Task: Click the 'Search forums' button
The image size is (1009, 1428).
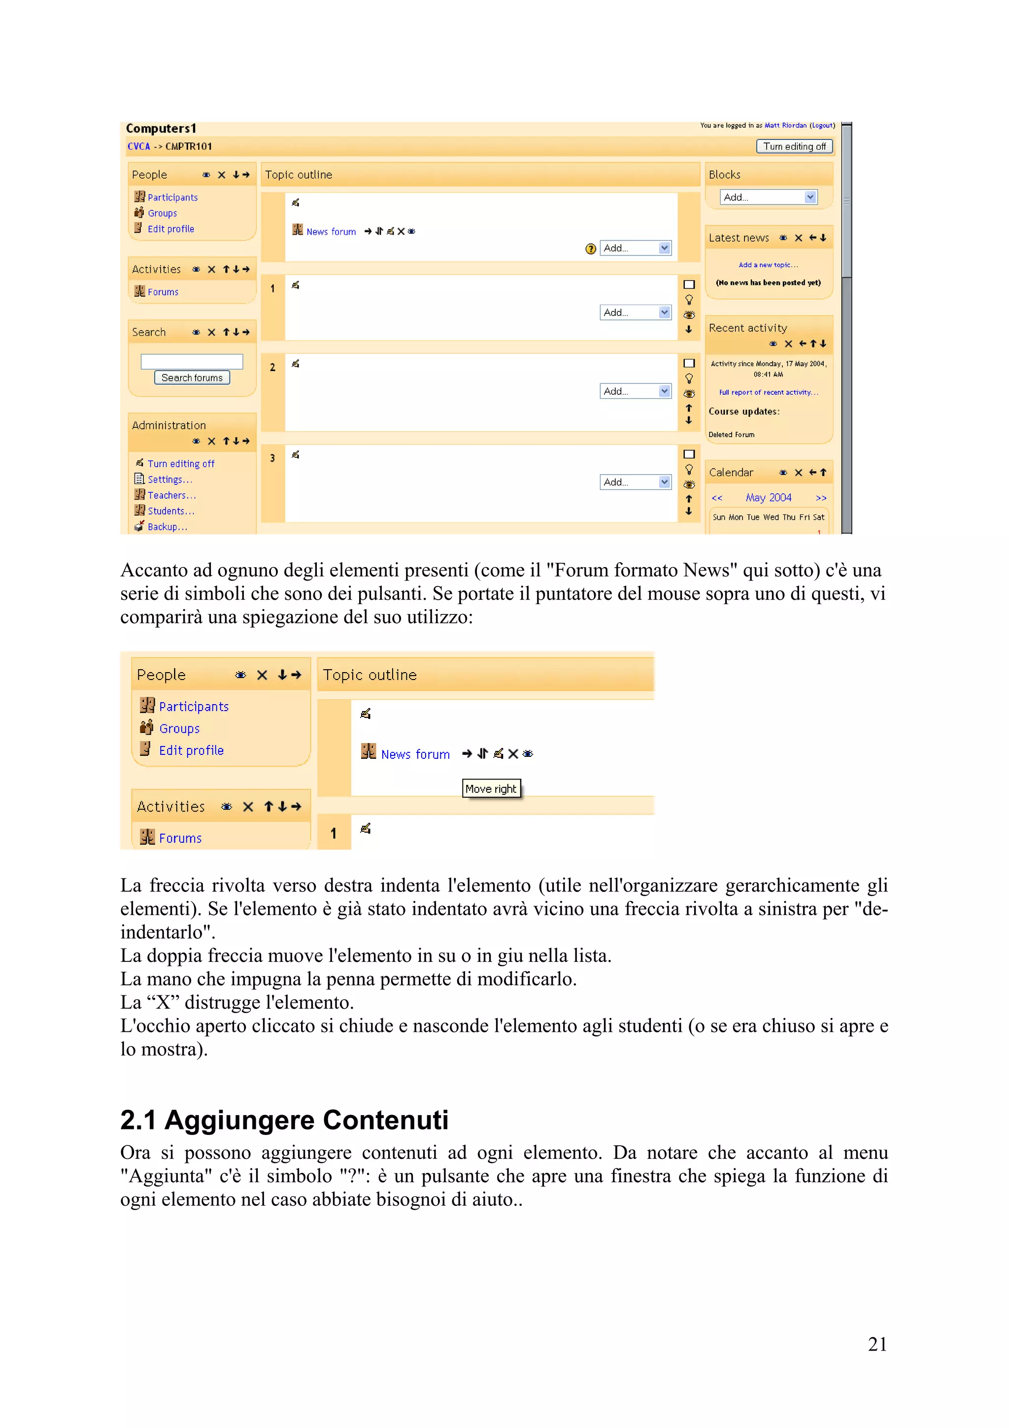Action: point(192,377)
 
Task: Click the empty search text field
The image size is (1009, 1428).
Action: point(192,361)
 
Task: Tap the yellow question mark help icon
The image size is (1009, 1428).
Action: point(590,249)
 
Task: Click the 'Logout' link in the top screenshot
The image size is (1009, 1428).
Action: point(822,126)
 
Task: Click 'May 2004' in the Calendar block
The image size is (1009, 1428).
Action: point(769,498)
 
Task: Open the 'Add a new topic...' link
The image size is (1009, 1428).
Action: point(769,265)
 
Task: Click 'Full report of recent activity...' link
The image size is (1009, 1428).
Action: point(769,392)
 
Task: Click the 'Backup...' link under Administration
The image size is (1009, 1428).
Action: point(167,527)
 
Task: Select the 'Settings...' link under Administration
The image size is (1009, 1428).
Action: point(169,479)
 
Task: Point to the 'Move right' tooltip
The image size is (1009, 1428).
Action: point(491,788)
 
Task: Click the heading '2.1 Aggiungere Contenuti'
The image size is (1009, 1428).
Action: point(284,1120)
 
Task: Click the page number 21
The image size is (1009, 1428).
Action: point(876,1344)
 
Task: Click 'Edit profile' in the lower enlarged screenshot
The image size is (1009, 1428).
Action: point(191,750)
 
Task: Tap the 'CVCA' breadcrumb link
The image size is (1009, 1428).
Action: point(138,147)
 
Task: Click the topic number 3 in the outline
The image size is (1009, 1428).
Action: point(272,458)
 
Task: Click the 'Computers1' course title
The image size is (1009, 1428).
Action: point(161,129)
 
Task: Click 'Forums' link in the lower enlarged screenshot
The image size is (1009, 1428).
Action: point(180,838)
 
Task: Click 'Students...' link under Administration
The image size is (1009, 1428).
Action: point(170,511)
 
